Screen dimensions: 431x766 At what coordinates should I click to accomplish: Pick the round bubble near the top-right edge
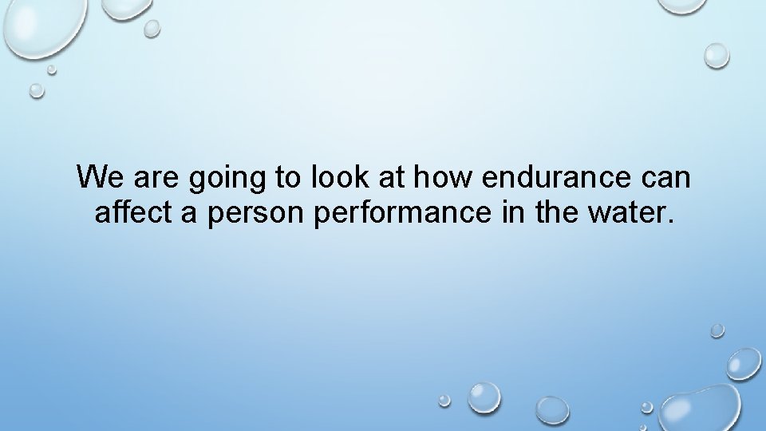point(717,54)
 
